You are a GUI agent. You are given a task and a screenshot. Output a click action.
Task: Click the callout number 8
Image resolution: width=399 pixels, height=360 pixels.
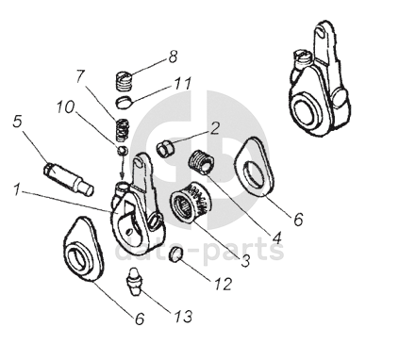click(x=173, y=57)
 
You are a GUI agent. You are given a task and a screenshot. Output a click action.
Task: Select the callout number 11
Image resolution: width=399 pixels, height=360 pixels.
click(x=183, y=84)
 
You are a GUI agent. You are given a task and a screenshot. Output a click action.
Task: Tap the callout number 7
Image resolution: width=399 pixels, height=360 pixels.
click(x=81, y=75)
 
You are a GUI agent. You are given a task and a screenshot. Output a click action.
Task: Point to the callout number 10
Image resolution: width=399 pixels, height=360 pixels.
click(x=66, y=107)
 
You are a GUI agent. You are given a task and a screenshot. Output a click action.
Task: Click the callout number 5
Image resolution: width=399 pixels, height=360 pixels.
click(x=18, y=121)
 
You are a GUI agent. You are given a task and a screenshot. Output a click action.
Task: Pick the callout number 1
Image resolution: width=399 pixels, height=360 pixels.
click(x=17, y=189)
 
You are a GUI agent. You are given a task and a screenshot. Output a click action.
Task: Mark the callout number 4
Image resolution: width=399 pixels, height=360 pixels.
click(x=276, y=237)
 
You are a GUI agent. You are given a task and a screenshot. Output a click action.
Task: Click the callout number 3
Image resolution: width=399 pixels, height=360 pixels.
click(x=245, y=261)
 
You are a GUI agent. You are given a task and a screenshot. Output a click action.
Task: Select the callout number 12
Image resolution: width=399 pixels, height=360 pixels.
click(x=224, y=284)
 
